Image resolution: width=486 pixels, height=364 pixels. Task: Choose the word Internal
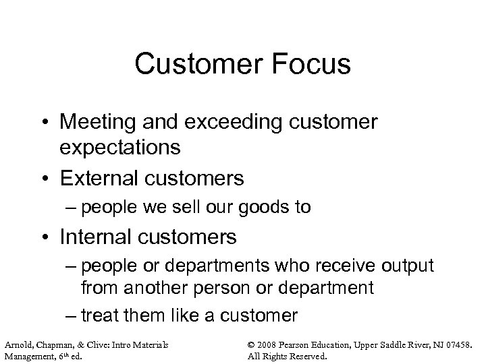(x=99, y=237)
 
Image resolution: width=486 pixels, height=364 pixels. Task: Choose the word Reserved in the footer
(x=307, y=355)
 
